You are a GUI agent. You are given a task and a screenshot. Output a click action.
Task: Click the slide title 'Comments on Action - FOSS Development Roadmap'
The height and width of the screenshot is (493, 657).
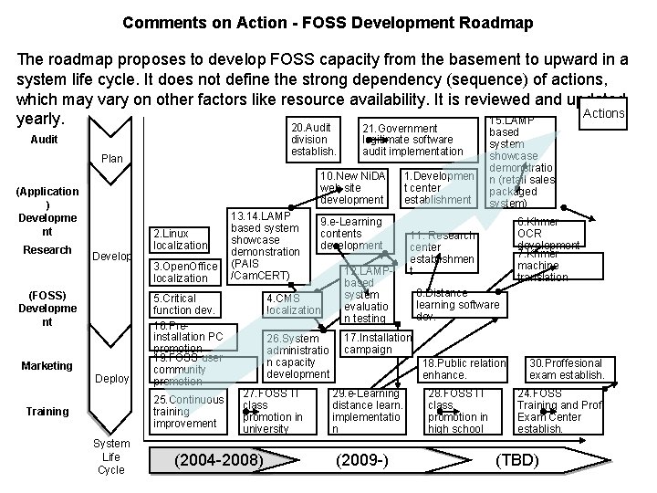(328, 21)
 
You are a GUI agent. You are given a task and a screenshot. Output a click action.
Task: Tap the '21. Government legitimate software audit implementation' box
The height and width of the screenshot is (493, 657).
(412, 139)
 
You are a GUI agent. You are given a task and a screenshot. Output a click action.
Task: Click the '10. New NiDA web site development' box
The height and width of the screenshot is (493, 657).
(351, 186)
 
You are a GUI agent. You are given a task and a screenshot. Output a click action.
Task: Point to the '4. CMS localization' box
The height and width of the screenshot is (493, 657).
(293, 304)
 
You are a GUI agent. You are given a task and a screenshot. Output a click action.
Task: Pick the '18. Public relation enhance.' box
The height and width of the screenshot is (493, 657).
(463, 369)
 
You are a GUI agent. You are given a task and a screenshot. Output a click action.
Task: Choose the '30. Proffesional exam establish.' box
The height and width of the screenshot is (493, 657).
(567, 369)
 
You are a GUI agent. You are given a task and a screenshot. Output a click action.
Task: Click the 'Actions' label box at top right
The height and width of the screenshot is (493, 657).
(603, 113)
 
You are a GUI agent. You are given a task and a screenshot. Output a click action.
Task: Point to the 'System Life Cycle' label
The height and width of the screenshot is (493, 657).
(111, 456)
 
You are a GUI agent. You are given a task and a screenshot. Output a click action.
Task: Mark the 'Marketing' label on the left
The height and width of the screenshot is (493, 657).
(47, 366)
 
